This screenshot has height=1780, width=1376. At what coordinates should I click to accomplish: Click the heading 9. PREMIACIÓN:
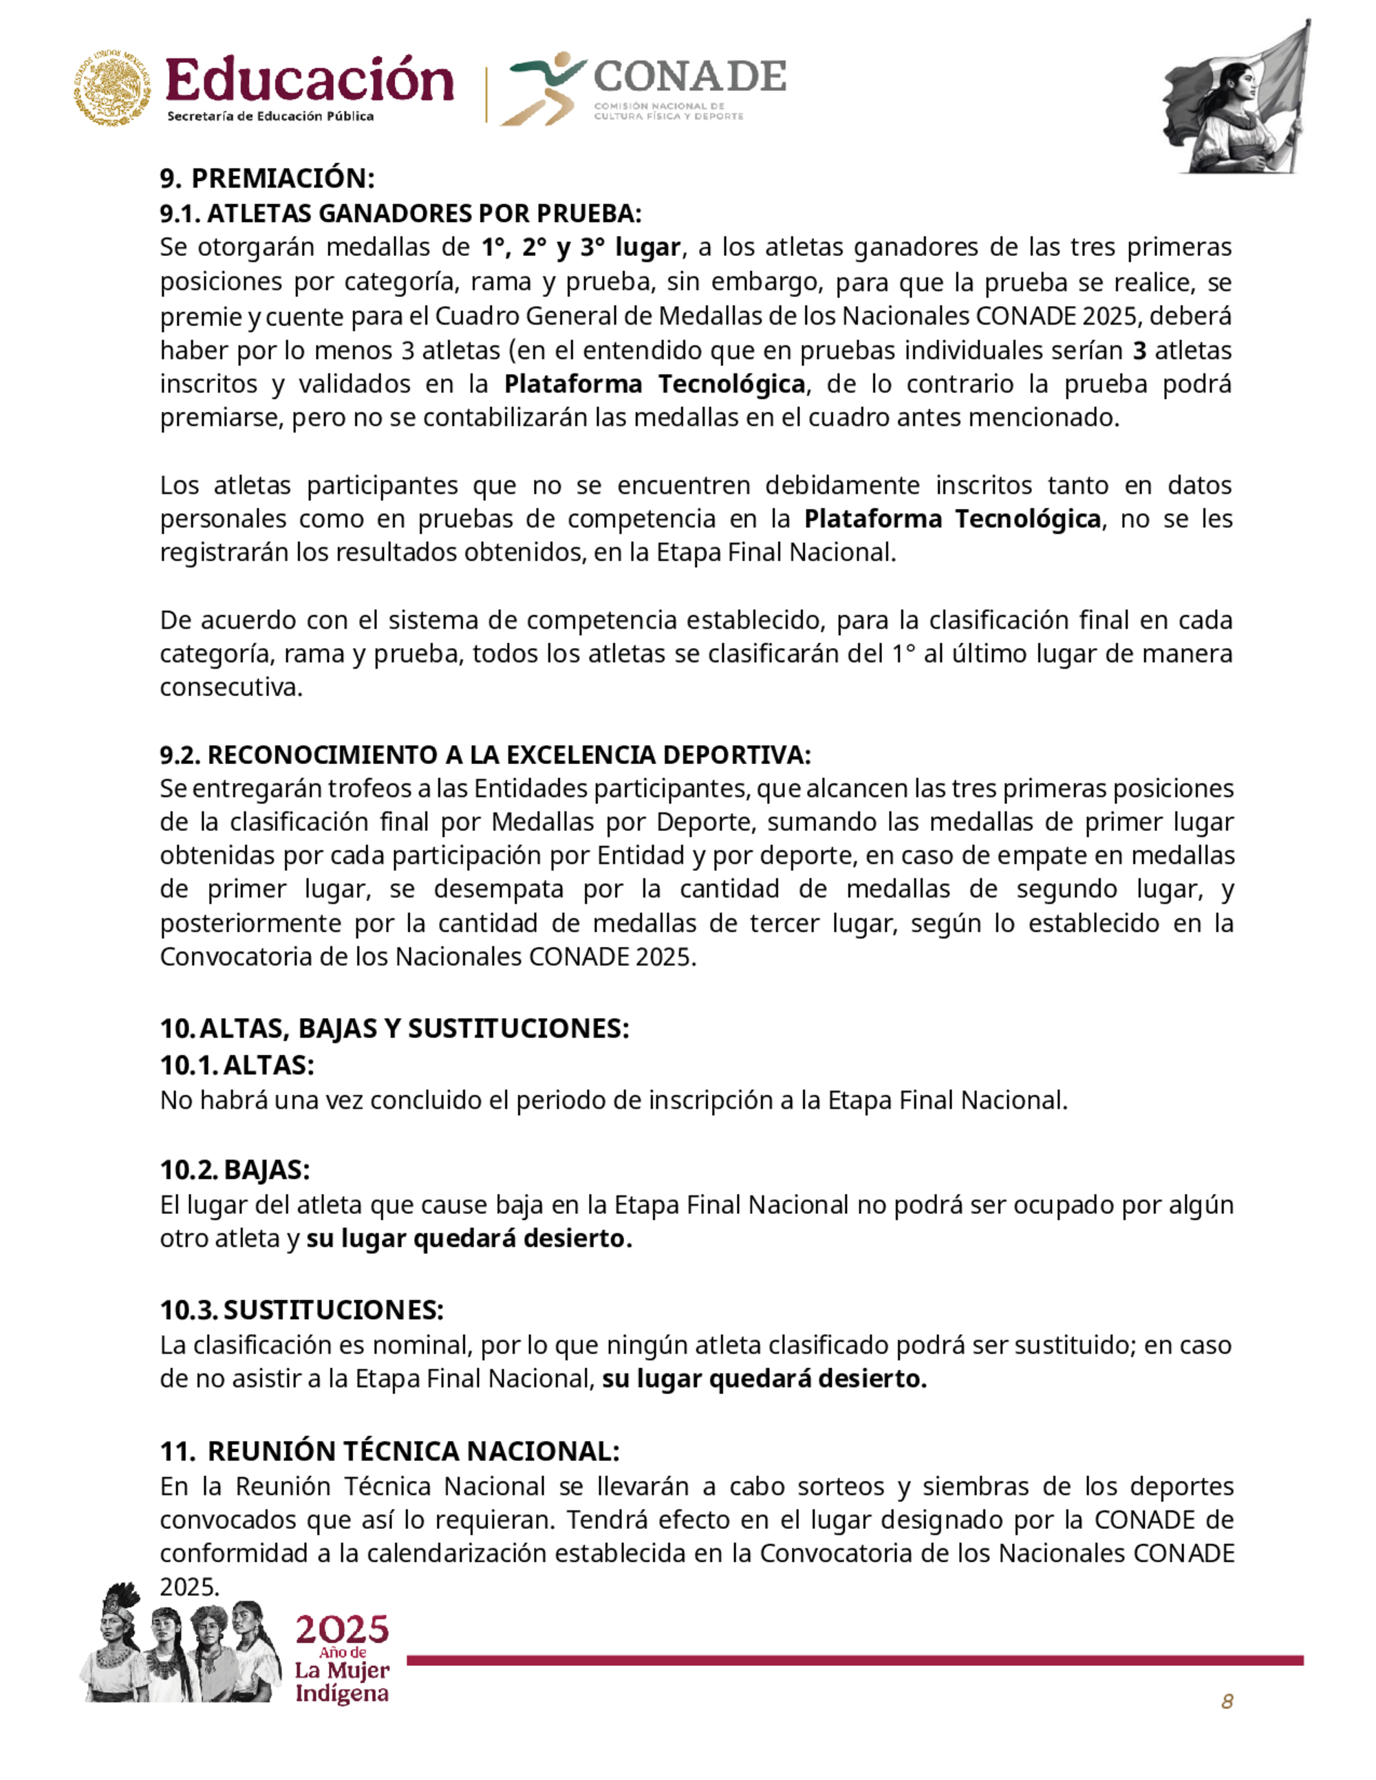click(x=266, y=179)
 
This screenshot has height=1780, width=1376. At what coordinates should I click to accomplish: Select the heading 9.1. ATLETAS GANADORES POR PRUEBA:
click(x=400, y=213)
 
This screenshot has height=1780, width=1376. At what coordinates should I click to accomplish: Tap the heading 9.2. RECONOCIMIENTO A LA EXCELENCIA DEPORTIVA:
click(x=485, y=755)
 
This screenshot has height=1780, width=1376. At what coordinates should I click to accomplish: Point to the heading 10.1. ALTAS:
click(x=237, y=1065)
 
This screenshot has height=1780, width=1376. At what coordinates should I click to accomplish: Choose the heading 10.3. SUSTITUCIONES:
click(x=301, y=1310)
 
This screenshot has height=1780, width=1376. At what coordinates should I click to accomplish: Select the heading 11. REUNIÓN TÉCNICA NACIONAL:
click(x=389, y=1451)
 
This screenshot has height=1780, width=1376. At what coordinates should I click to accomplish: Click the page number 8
click(x=1226, y=1702)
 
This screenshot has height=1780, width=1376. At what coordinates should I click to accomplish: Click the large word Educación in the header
click(x=309, y=81)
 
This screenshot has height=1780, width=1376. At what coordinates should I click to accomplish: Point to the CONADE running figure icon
click(x=542, y=88)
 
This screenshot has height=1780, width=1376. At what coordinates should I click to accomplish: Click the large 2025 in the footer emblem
click(x=341, y=1630)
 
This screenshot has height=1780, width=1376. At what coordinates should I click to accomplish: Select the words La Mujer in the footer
click(x=341, y=1671)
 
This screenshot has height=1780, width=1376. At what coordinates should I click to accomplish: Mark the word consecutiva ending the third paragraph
click(x=230, y=687)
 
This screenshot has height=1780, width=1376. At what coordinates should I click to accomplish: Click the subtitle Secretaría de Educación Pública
click(x=270, y=116)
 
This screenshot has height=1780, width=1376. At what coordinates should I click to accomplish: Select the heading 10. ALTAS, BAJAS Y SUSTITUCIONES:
click(x=394, y=1028)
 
